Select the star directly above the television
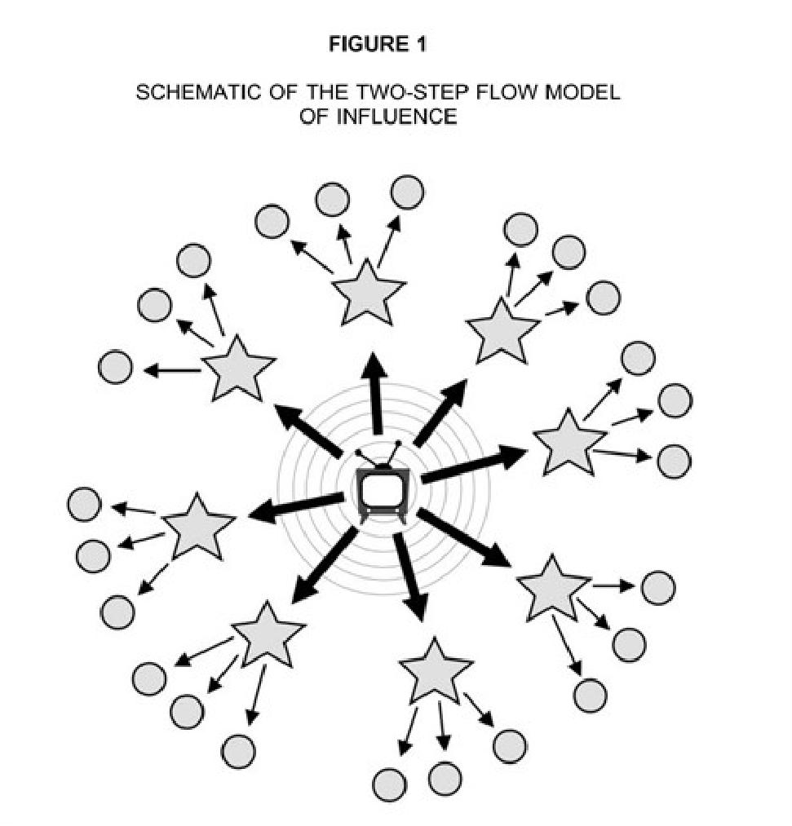pos(368,292)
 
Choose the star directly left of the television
pos(197,526)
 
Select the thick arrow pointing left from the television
pos(295,507)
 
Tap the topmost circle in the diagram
pos(407,192)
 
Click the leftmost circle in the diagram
pos(84,505)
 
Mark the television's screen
pos(380,490)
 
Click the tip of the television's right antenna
pos(398,444)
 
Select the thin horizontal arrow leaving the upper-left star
pos(172,370)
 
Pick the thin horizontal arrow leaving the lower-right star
pos(613,585)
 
